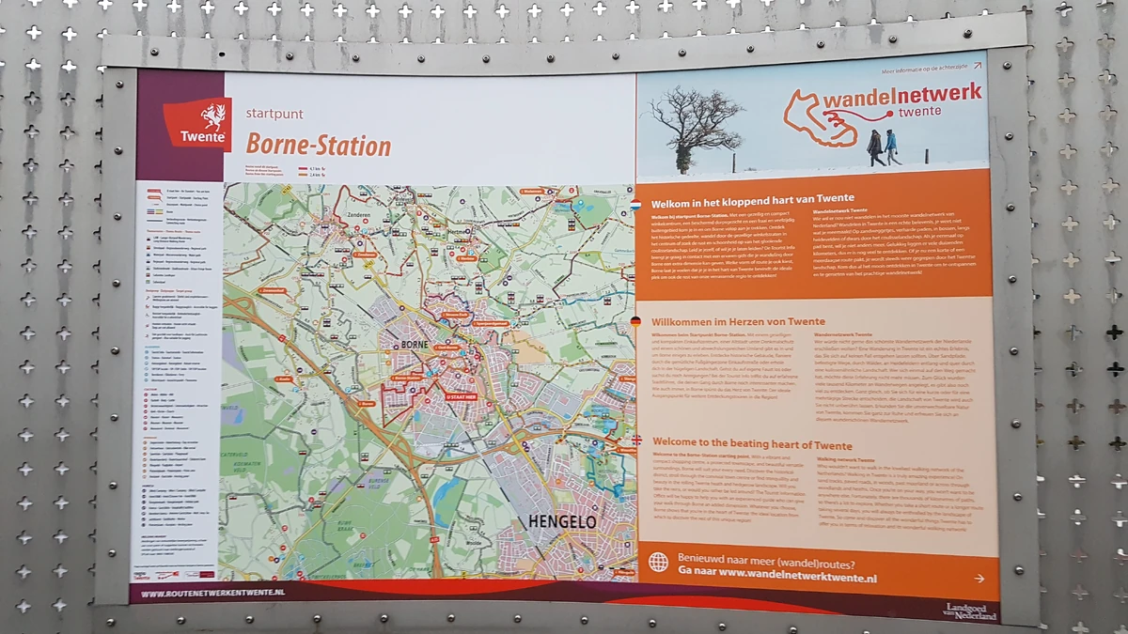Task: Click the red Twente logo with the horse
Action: (x=197, y=123)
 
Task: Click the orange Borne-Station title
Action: (x=318, y=146)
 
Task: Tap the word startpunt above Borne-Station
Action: (x=274, y=114)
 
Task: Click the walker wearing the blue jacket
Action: (x=890, y=146)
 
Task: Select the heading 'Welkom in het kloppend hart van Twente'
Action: (x=740, y=198)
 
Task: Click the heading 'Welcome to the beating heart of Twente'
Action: (x=752, y=444)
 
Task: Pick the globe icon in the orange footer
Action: (x=659, y=562)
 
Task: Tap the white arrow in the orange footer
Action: (x=979, y=579)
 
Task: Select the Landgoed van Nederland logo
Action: (x=971, y=610)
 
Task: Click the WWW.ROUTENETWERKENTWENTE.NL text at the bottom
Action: (x=212, y=594)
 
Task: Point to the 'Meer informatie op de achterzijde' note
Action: (x=925, y=69)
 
